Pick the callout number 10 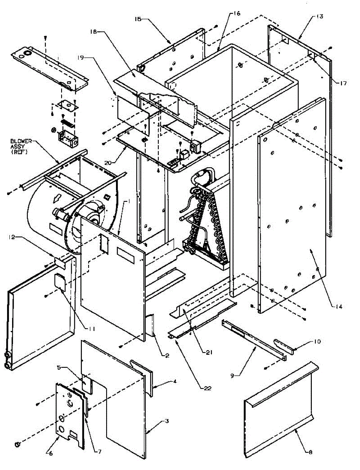(x=317, y=342)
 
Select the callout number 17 (x=344, y=83)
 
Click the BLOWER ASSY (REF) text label (x=19, y=146)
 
